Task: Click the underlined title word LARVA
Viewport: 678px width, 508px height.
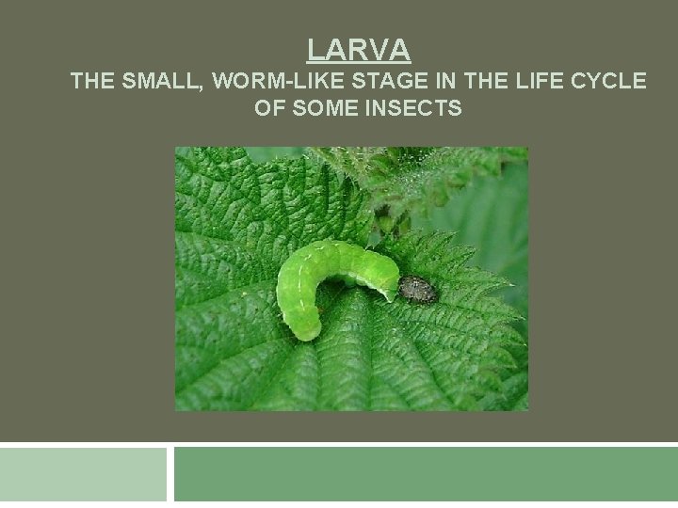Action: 359,48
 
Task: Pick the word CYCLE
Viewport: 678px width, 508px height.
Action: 609,82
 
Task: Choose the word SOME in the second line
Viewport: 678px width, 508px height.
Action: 318,109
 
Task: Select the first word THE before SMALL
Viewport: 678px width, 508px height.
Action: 91,82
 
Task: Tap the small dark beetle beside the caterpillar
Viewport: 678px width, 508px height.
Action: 416,291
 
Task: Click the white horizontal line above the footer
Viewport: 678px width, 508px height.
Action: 339,444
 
